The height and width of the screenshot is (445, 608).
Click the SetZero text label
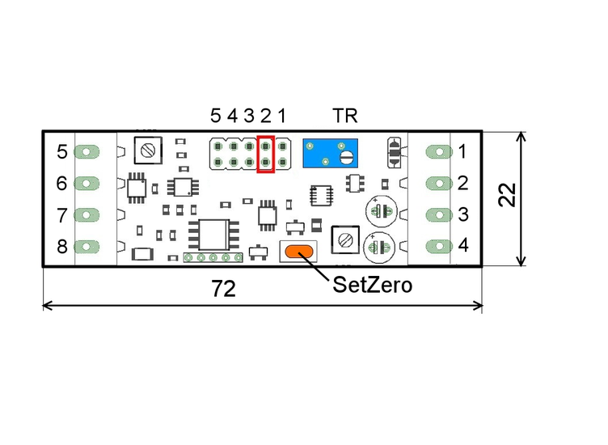point(372,285)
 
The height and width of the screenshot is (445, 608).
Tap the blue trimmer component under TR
point(332,153)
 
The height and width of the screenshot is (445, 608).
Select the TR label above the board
point(345,115)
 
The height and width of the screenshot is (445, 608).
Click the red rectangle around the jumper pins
point(266,155)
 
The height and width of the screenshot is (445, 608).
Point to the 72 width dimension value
point(223,289)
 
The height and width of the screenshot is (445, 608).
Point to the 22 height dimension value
point(507,194)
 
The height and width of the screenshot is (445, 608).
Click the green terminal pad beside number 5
point(87,151)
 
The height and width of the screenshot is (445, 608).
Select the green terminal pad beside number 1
point(437,151)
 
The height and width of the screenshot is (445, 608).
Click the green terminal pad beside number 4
point(437,245)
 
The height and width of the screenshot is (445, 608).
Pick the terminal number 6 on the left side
point(61,184)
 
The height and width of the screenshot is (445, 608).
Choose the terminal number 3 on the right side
point(463,214)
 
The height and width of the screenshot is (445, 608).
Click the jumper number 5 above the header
point(215,116)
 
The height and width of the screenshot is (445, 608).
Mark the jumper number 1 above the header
point(281,116)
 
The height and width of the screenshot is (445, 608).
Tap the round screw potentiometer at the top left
point(148,150)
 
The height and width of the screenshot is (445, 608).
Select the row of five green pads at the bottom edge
point(213,258)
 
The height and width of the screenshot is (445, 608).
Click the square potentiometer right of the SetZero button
point(347,239)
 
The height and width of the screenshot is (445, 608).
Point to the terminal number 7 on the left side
point(61,215)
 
